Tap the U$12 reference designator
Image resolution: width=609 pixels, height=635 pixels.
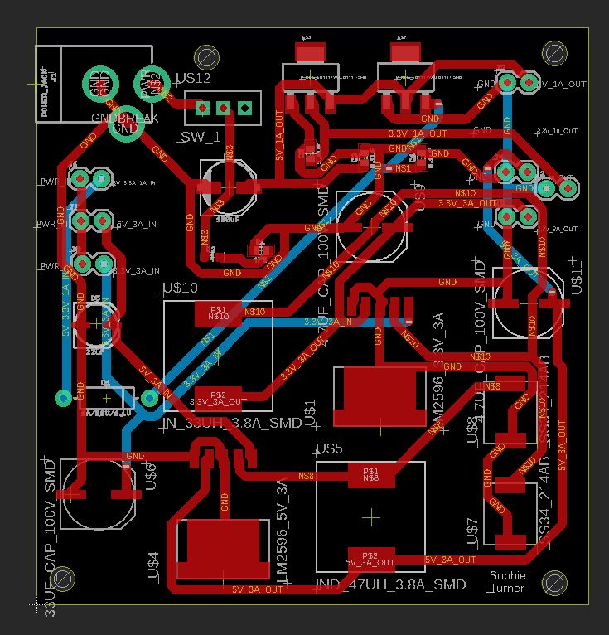[193, 80]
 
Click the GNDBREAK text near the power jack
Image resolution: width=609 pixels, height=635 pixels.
[124, 118]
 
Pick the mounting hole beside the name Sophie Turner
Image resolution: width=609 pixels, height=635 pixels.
[556, 582]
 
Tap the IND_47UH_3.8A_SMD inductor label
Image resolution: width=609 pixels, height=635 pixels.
[391, 585]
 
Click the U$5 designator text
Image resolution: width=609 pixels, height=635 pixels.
[329, 448]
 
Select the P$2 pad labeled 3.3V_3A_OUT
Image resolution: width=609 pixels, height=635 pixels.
[219, 398]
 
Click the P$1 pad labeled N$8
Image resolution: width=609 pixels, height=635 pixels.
[370, 474]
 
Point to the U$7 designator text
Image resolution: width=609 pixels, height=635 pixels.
[473, 531]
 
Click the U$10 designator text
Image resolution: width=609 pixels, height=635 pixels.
[180, 288]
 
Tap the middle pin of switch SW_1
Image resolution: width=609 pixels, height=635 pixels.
[223, 109]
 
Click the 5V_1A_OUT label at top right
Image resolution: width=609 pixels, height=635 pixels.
[563, 85]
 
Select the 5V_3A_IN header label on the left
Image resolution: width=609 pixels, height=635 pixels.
[136, 225]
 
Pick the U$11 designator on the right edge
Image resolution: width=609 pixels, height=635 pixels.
[578, 276]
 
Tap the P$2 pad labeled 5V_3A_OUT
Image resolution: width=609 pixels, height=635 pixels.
[370, 557]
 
